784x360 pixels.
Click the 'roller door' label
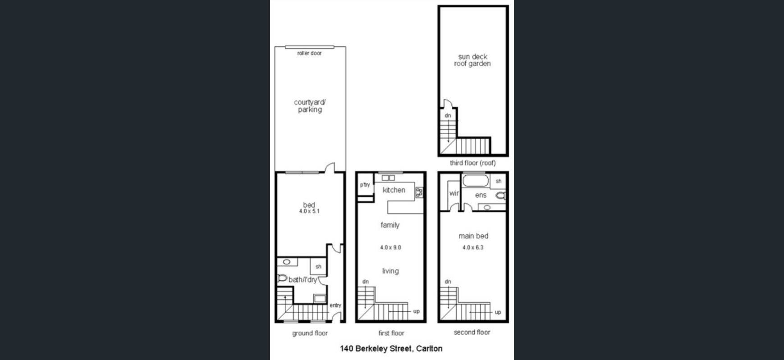tap(309, 53)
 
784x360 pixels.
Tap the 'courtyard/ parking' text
tap(310, 106)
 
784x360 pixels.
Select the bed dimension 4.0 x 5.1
tap(309, 211)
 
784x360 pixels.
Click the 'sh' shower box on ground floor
tap(318, 266)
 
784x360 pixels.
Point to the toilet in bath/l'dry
tap(282, 278)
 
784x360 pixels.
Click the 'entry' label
tap(335, 305)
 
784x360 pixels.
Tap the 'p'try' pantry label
tap(365, 185)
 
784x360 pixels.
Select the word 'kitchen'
tap(394, 190)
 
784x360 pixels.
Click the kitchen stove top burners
tap(419, 192)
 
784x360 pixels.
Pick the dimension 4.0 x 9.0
tap(390, 247)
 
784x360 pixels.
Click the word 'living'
tap(390, 271)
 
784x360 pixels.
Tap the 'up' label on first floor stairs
tap(416, 311)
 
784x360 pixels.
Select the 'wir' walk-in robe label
tap(454, 193)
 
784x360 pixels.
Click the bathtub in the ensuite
tap(475, 181)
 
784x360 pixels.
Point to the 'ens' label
tap(481, 195)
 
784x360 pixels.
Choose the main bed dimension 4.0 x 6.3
tap(473, 247)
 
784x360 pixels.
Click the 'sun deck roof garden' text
tap(472, 60)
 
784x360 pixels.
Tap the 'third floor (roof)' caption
tap(472, 163)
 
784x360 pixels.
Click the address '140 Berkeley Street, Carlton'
tap(391, 348)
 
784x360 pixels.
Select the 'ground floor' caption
tap(310, 333)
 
